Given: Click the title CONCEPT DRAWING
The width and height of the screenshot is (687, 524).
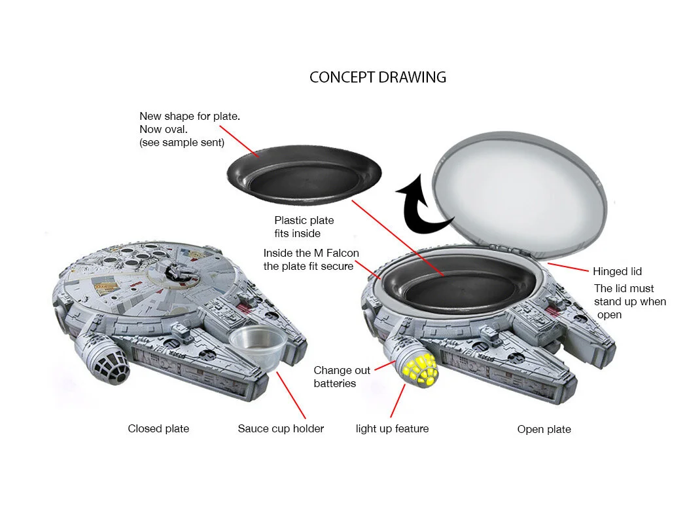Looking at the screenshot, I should (x=378, y=77).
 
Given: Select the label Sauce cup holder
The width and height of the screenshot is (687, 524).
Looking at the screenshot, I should (x=281, y=429).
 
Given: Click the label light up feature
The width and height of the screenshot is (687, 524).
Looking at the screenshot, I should (x=392, y=429).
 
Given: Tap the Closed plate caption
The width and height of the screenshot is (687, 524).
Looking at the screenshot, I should (x=158, y=429).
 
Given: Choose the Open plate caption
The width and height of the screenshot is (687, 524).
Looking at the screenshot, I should (x=544, y=430).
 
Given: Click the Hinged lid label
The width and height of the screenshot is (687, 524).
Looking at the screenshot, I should (x=617, y=271).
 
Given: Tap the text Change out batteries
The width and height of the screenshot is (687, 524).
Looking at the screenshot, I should (x=342, y=377).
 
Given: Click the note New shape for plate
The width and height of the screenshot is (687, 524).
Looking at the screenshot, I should (x=190, y=117).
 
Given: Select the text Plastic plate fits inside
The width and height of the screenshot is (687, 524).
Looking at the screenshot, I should (x=304, y=227).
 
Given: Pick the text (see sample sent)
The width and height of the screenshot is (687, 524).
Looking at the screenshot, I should (x=182, y=142).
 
